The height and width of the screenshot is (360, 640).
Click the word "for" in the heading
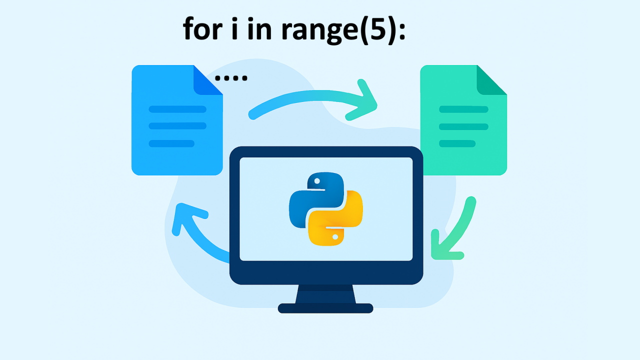pyautogui.click(x=202, y=29)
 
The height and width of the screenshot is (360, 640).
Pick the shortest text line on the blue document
pyautogui.click(x=171, y=143)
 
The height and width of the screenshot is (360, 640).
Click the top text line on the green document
pyautogui.click(x=463, y=109)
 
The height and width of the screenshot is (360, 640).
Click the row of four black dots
pyautogui.click(x=231, y=78)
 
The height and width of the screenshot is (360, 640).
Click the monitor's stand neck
pyautogui.click(x=325, y=294)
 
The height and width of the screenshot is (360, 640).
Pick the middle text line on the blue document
pyautogui.click(x=177, y=126)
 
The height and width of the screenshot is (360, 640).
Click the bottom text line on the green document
pyautogui.click(x=457, y=143)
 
